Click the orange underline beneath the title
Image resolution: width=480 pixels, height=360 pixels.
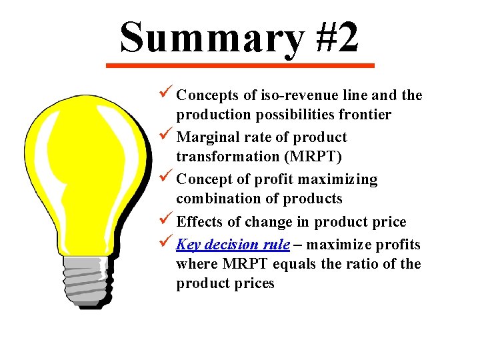point(241,65)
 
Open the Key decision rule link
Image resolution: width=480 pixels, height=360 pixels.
point(233,245)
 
